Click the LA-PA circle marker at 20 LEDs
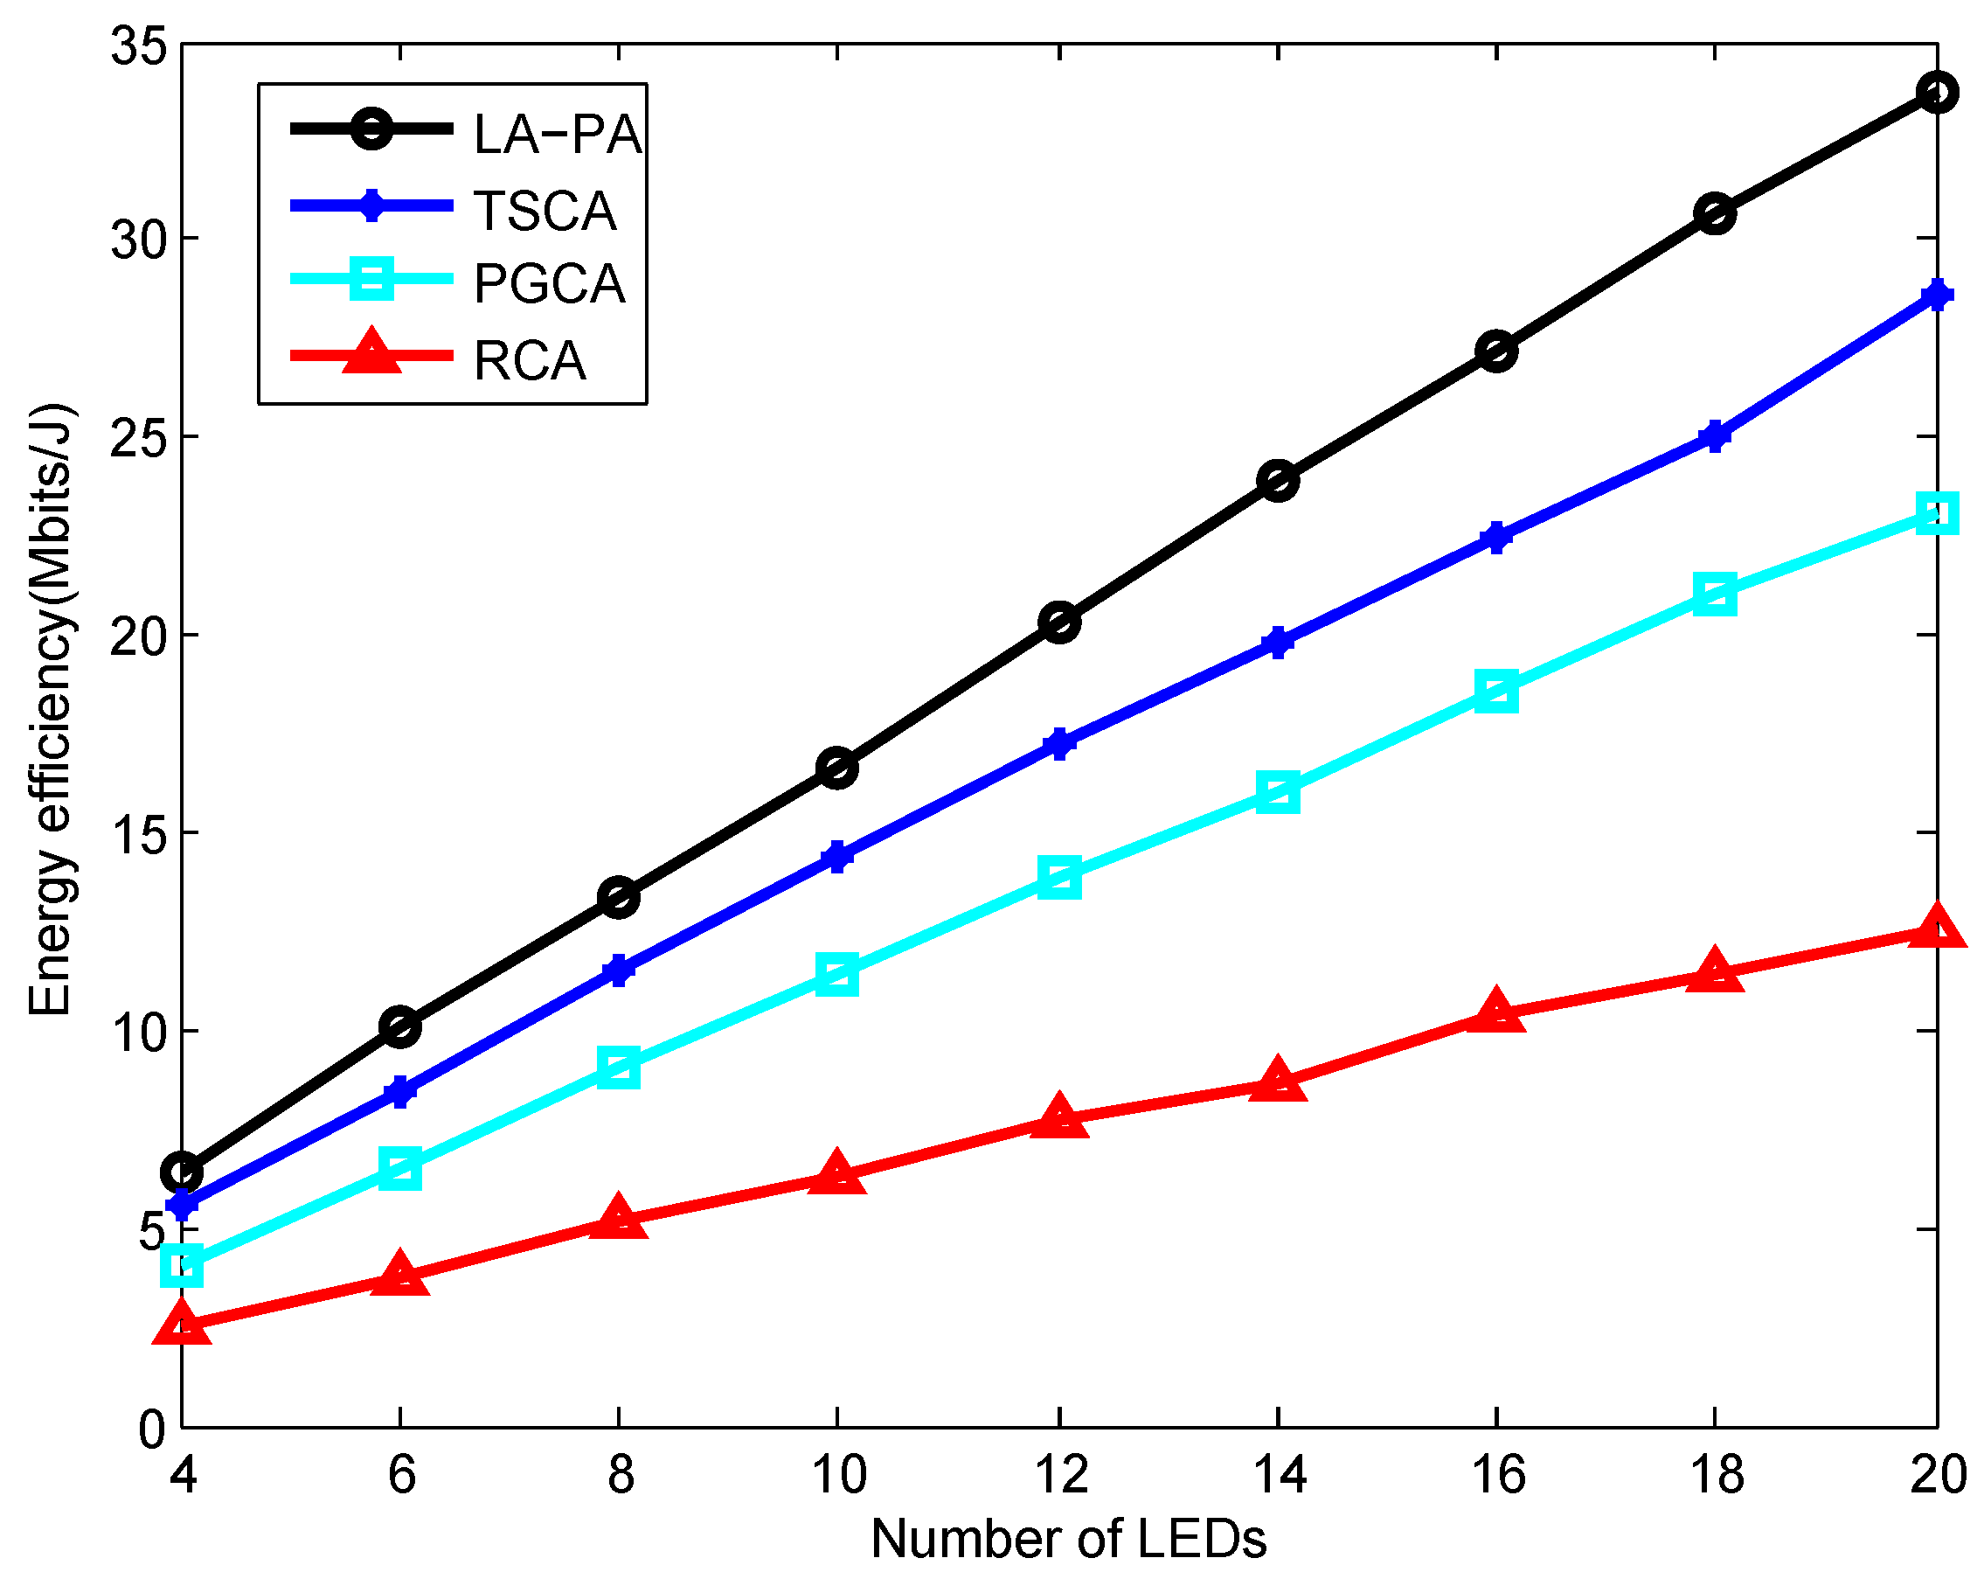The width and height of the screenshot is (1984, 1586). (1937, 92)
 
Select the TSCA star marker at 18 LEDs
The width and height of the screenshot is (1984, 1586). (1715, 435)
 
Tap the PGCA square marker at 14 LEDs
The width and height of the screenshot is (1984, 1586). (1277, 791)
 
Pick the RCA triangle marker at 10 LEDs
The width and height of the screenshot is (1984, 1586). (836, 1174)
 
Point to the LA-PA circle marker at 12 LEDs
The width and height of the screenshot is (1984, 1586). (1059, 623)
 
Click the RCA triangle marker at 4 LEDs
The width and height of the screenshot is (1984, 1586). (182, 1326)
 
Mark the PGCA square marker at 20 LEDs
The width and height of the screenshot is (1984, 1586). (1937, 512)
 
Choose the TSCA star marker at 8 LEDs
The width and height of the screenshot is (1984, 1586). (619, 970)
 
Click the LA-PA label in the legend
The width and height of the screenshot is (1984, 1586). (557, 135)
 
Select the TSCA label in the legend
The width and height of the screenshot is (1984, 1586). (545, 211)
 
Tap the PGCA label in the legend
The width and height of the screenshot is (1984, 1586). (550, 283)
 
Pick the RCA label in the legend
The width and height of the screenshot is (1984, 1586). (530, 360)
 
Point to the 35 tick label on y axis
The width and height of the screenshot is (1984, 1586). (139, 45)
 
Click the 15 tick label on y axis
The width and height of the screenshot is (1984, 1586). (139, 833)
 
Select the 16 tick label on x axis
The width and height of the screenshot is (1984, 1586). (1498, 1474)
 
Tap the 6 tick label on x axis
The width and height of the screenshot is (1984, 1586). (401, 1474)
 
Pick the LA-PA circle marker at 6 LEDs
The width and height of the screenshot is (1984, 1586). (400, 1026)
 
